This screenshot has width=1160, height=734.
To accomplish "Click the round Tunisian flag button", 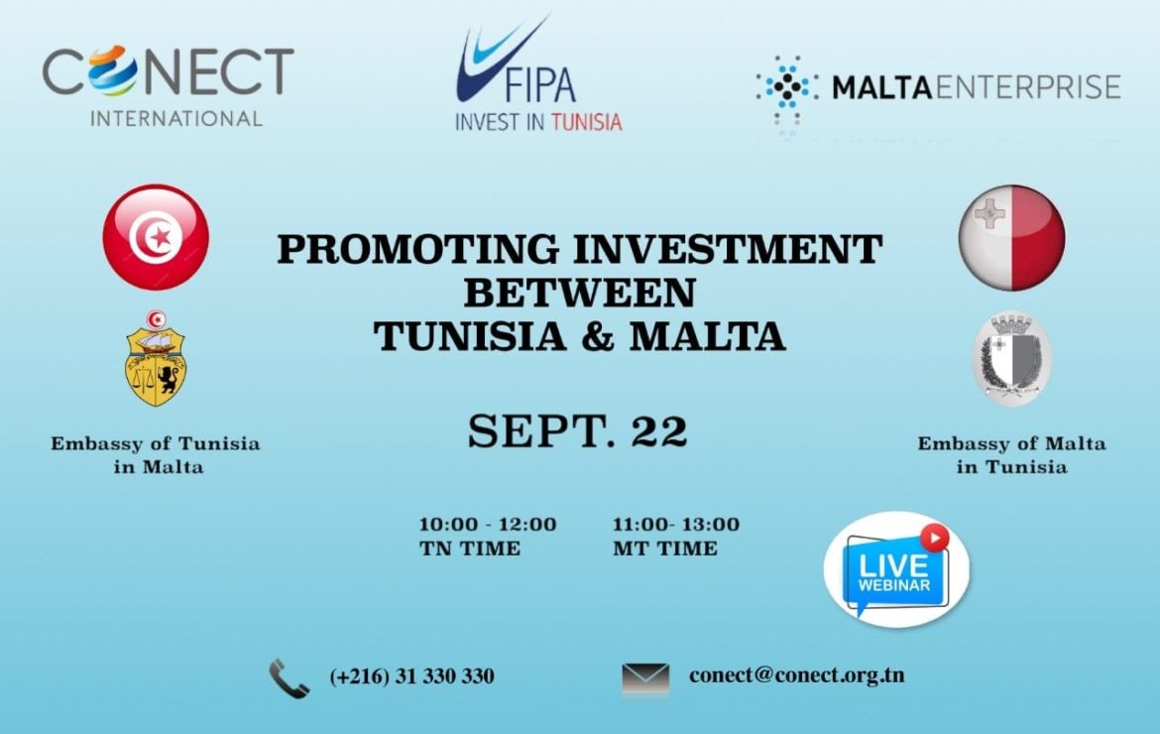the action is pyautogui.click(x=156, y=237).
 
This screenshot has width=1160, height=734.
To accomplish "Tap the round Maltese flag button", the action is pyautogui.click(x=1012, y=237).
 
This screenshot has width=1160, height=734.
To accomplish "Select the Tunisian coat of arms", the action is pyautogui.click(x=156, y=358).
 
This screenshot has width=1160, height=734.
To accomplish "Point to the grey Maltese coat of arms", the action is pyautogui.click(x=1011, y=358).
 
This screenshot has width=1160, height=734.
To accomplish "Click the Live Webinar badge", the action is pyautogui.click(x=896, y=569).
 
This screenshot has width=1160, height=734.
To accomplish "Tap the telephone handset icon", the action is pyautogui.click(x=290, y=678).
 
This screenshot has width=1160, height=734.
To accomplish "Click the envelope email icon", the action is pyautogui.click(x=645, y=677).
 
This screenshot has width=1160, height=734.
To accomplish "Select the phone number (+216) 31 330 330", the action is pyautogui.click(x=412, y=676).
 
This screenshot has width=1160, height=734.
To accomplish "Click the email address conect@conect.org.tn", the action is pyautogui.click(x=797, y=675).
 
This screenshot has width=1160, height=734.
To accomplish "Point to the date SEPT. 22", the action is pyautogui.click(x=578, y=430).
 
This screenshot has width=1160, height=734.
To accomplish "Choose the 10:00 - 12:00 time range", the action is pyautogui.click(x=488, y=525).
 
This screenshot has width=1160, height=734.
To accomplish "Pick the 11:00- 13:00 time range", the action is pyautogui.click(x=675, y=525).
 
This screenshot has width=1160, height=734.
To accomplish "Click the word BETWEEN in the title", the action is pyautogui.click(x=580, y=293).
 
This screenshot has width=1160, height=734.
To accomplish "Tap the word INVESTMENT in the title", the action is pyautogui.click(x=728, y=249).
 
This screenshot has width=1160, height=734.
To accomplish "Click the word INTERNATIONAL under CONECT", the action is pyautogui.click(x=176, y=118).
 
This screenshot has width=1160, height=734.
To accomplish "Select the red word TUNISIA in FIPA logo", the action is pyautogui.click(x=587, y=122).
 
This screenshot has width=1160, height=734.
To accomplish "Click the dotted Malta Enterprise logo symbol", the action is pyautogui.click(x=787, y=89).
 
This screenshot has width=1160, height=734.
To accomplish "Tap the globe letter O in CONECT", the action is pyautogui.click(x=112, y=71).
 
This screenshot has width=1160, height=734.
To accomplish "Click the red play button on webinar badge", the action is pyautogui.click(x=934, y=538).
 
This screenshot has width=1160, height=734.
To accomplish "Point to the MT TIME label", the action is pyautogui.click(x=665, y=550).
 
